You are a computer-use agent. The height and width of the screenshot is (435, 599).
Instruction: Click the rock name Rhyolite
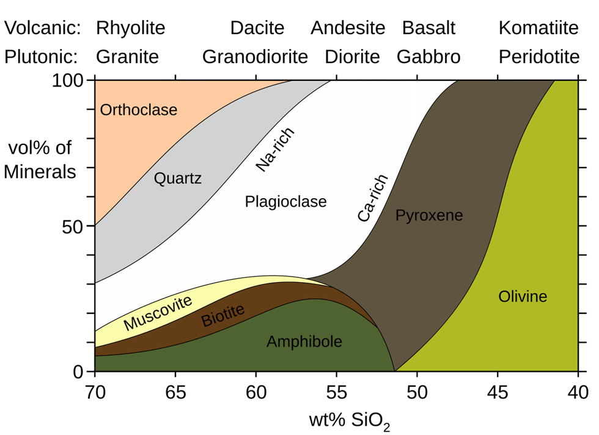[130, 28]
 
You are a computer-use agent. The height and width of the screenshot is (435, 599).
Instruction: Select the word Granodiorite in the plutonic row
[255, 57]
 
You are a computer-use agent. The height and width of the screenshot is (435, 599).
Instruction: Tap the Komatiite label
[538, 28]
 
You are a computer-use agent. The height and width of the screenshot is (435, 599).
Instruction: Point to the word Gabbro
[428, 57]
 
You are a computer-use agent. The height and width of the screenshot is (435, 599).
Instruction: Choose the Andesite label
[348, 28]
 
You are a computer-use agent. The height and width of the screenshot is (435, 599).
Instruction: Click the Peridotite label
[539, 57]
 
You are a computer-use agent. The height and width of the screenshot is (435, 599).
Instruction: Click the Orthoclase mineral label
[139, 110]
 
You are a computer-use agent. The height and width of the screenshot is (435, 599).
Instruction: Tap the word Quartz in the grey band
[178, 179]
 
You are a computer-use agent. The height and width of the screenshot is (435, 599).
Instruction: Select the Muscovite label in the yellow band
[158, 313]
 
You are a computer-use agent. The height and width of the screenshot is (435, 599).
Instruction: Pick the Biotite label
[222, 315]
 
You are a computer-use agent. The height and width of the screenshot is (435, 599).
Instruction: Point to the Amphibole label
[304, 342]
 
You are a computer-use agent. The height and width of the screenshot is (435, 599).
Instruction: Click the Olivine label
[523, 297]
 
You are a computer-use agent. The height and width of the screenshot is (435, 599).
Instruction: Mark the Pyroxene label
[429, 215]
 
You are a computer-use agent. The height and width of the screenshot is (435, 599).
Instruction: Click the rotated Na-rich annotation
[274, 149]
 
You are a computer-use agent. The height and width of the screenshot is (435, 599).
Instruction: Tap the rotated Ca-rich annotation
[373, 198]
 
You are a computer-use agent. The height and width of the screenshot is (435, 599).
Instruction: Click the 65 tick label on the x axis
[175, 393]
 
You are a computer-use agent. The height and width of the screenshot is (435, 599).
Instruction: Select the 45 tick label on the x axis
[498, 393]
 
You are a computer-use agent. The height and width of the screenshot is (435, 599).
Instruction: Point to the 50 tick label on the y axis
[73, 227]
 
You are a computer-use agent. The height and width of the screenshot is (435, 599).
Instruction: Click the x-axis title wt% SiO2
[350, 421]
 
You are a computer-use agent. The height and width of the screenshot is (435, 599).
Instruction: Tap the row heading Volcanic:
[42, 28]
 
